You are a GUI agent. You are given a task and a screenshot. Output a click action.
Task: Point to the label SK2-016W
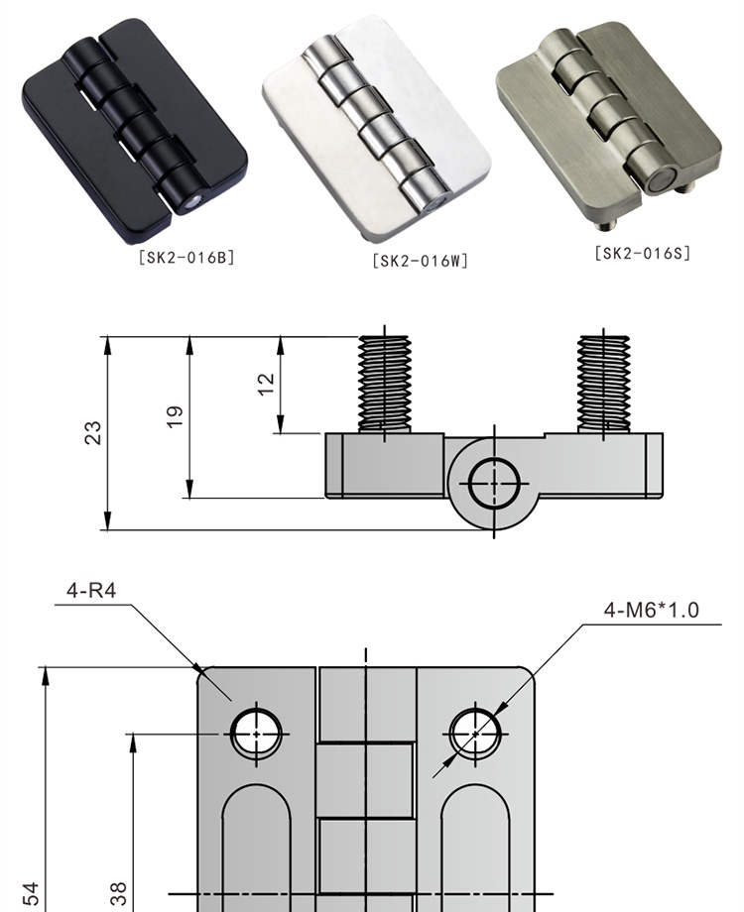(x=420, y=261)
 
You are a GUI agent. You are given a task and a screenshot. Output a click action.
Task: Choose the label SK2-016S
(x=642, y=253)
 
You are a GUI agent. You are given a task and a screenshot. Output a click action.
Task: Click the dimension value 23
(x=92, y=432)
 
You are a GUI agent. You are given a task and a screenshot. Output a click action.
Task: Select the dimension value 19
(x=175, y=416)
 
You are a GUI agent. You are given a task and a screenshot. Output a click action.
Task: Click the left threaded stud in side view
(x=385, y=383)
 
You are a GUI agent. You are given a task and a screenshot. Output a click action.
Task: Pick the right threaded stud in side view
(x=603, y=383)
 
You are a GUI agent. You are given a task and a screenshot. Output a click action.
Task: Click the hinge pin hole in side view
(x=495, y=485)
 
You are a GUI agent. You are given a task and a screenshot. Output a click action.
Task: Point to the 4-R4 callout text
(x=91, y=591)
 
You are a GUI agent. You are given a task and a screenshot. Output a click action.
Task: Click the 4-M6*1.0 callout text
(x=651, y=609)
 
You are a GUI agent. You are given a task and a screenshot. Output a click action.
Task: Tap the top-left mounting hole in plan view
(x=257, y=734)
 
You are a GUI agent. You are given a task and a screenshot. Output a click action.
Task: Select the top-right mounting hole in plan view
(x=476, y=734)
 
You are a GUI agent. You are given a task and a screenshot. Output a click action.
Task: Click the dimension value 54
(x=31, y=893)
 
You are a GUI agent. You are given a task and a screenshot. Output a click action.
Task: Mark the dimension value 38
(x=118, y=893)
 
